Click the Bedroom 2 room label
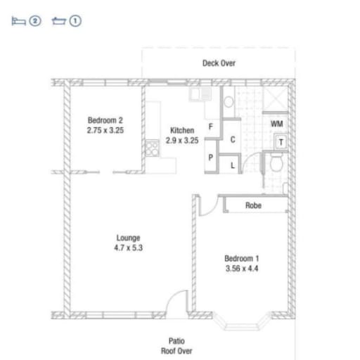(105, 120)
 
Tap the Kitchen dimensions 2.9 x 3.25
(182, 141)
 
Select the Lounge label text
(129, 238)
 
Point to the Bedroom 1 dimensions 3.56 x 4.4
(242, 269)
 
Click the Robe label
(253, 205)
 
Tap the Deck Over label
(219, 63)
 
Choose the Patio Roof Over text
(176, 346)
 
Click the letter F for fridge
(211, 127)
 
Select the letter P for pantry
(211, 157)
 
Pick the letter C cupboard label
(233, 140)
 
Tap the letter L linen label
(233, 165)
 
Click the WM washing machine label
(276, 124)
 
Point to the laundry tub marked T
(281, 142)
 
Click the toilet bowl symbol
(276, 162)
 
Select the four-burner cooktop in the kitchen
(152, 148)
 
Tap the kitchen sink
(200, 94)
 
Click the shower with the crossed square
(275, 99)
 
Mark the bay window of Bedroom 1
(242, 321)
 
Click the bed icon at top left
(18, 21)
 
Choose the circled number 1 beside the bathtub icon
(75, 21)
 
